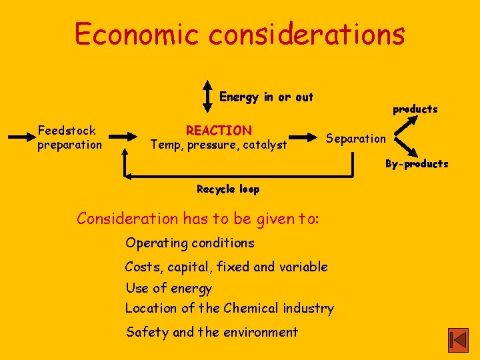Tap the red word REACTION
click(219, 131)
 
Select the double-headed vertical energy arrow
click(207, 97)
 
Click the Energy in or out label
click(266, 97)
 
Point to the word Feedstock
click(67, 131)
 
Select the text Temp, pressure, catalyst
click(219, 145)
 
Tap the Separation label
click(355, 139)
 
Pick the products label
click(415, 109)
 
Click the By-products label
click(417, 164)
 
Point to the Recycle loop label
click(228, 189)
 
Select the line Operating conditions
click(190, 243)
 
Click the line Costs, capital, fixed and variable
click(227, 267)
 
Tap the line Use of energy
click(169, 288)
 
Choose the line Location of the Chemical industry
click(230, 308)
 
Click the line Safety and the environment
click(212, 332)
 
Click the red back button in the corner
click(458, 340)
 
